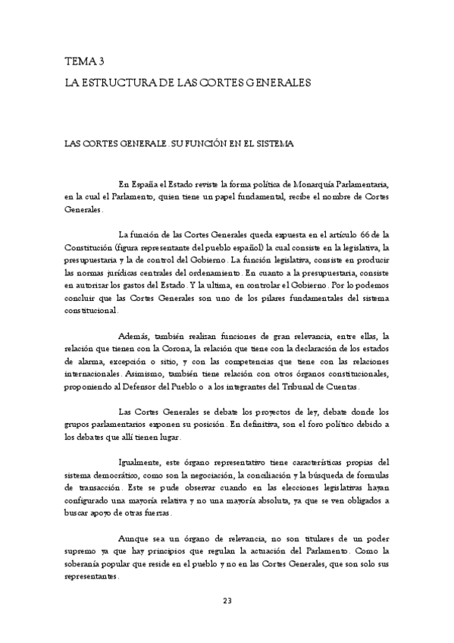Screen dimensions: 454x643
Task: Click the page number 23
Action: tap(227, 601)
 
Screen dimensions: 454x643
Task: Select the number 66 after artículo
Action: tap(365, 234)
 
